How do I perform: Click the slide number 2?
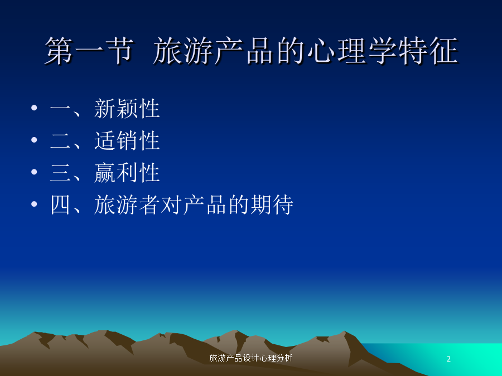click(x=448, y=359)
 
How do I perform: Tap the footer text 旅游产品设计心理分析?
click(x=250, y=358)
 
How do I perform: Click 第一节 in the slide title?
click(x=89, y=51)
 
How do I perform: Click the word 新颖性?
click(x=127, y=109)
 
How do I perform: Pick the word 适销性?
click(x=127, y=140)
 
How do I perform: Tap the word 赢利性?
click(x=127, y=173)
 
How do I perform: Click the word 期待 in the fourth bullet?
click(x=272, y=204)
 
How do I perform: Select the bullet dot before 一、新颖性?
click(x=34, y=108)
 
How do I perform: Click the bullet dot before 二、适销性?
click(x=34, y=139)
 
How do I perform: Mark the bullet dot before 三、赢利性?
click(x=34, y=172)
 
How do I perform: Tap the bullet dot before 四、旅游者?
click(x=34, y=204)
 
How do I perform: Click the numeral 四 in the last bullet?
click(x=60, y=204)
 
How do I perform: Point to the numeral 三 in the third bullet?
click(x=60, y=173)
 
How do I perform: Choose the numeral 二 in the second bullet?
click(x=60, y=141)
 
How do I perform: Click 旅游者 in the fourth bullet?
click(x=127, y=204)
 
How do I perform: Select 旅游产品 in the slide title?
click(x=213, y=51)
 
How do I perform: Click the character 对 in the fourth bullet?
click(x=171, y=204)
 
